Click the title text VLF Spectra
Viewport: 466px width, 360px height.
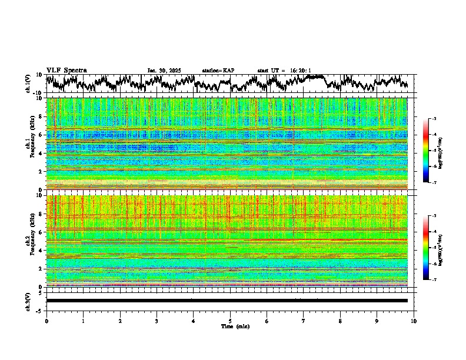click(66, 70)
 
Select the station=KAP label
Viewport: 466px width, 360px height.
click(218, 71)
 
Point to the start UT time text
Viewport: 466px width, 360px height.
click(284, 71)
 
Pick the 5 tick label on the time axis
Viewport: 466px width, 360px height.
click(230, 321)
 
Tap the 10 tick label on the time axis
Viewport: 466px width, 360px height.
click(414, 321)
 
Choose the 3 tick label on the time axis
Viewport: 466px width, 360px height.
click(157, 321)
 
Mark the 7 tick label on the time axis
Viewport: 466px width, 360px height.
click(304, 321)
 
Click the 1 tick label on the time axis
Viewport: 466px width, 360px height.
click(83, 321)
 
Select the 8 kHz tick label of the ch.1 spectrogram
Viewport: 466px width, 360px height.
click(41, 116)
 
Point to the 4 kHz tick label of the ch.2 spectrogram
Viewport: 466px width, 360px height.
click(41, 250)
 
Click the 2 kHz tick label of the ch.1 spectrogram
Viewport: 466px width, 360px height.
click(41, 171)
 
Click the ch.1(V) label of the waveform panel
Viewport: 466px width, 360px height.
click(28, 84)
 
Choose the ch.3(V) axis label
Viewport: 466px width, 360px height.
click(28, 301)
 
